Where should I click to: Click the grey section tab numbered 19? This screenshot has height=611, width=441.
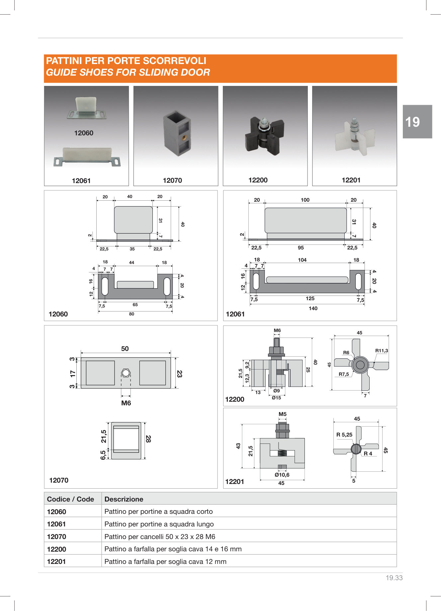[417, 122]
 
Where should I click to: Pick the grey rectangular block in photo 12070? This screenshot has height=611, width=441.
[177, 133]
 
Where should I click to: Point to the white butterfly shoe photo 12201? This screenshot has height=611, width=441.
[354, 136]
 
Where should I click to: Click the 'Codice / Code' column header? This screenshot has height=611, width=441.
[70, 499]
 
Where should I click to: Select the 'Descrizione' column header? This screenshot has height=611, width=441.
[124, 499]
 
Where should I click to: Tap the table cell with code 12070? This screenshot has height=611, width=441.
[56, 536]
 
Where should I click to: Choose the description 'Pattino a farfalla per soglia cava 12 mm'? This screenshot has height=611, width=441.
[165, 561]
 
